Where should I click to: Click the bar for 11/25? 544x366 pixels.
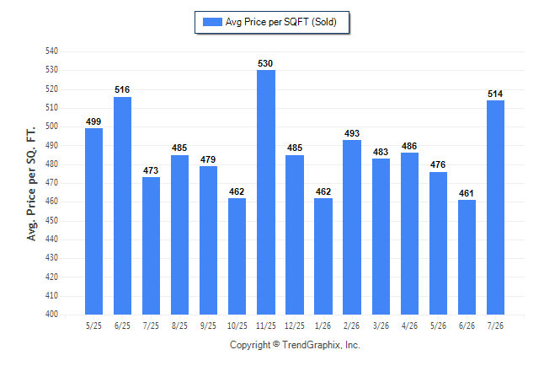pyautogui.click(x=266, y=192)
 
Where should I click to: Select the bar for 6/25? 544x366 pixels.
pyautogui.click(x=122, y=206)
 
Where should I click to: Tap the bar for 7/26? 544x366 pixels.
pyautogui.click(x=495, y=207)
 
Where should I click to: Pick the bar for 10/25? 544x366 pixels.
pyautogui.click(x=237, y=256)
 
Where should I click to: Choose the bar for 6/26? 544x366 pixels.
pyautogui.click(x=467, y=257)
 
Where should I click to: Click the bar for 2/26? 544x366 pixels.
pyautogui.click(x=352, y=228)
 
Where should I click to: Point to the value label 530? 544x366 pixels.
pyautogui.click(x=265, y=63)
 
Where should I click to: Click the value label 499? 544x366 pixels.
pyautogui.click(x=93, y=121)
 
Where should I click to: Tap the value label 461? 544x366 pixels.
pyautogui.click(x=467, y=193)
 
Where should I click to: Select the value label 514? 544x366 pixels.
pyautogui.click(x=495, y=94)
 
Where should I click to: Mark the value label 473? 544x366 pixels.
pyautogui.click(x=151, y=170)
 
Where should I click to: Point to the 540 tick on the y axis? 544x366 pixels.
pyautogui.click(x=51, y=51)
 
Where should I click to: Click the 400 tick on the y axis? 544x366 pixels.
pyautogui.click(x=51, y=314)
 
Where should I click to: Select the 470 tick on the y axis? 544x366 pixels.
pyautogui.click(x=51, y=182)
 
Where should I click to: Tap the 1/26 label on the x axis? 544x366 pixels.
pyautogui.click(x=323, y=326)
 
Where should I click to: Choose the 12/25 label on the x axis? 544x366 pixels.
pyautogui.click(x=295, y=326)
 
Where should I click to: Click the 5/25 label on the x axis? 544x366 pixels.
pyautogui.click(x=93, y=326)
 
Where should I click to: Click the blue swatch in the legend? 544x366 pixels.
pyautogui.click(x=212, y=22)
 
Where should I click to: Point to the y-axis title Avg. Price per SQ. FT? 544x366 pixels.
pyautogui.click(x=31, y=184)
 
